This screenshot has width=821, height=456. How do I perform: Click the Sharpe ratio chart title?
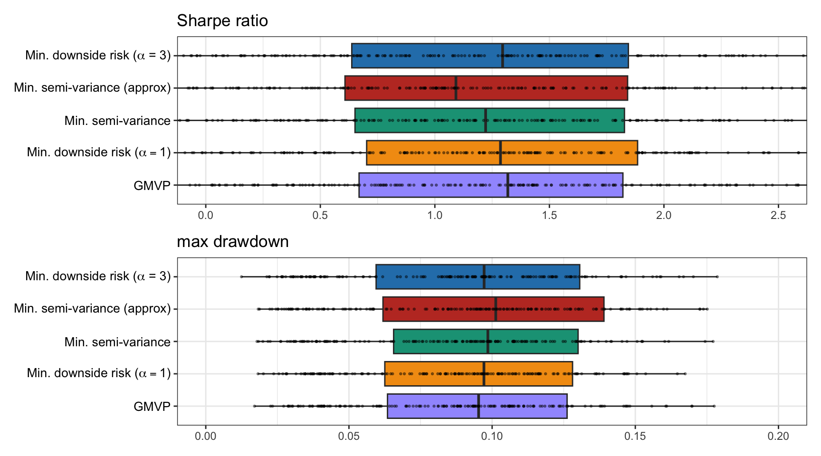click(222, 21)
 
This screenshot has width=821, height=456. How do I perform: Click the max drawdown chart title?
click(233, 242)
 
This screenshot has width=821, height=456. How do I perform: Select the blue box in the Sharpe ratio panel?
click(490, 56)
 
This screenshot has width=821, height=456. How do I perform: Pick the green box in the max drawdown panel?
click(486, 342)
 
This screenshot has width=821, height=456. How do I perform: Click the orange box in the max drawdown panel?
click(478, 374)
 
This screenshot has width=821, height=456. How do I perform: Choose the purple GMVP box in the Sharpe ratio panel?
click(491, 185)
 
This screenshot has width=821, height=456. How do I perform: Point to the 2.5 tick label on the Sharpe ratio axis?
click(778, 215)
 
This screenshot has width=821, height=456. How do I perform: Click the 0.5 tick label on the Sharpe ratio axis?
click(320, 215)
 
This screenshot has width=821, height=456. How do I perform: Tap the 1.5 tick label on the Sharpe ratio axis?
click(549, 215)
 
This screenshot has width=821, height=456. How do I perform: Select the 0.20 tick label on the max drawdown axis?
click(778, 436)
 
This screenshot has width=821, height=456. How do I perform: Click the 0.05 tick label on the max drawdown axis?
click(349, 436)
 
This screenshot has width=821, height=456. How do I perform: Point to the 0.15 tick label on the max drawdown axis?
click(635, 436)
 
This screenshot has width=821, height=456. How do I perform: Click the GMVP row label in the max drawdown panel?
click(152, 407)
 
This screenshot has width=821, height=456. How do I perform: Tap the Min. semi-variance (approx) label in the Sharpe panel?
click(92, 88)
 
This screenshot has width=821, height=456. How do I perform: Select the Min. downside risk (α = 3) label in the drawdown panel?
click(98, 276)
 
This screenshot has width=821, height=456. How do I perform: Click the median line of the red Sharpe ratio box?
click(456, 88)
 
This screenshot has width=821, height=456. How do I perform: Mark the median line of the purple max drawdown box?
click(478, 406)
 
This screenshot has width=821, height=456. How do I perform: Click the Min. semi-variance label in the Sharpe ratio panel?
click(117, 121)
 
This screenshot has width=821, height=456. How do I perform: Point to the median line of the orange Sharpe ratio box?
click(500, 152)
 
